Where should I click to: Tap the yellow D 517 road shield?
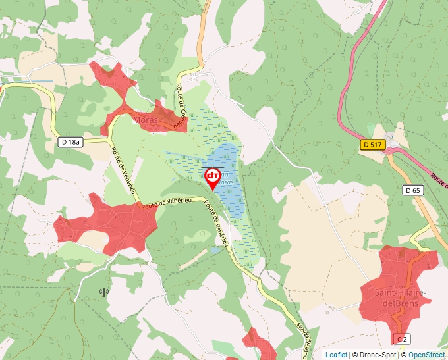tap(373, 143)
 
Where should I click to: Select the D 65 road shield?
tap(412, 190)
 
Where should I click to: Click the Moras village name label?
tap(144, 120)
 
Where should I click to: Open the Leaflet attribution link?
tap(336, 355)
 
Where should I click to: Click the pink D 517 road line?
tap(345, 99)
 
